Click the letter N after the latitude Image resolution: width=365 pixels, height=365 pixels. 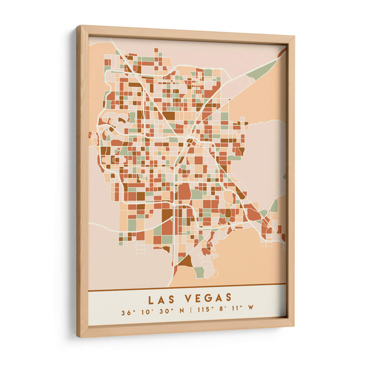click(x=182, y=313)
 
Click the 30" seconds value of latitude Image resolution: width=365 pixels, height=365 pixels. click(x=164, y=313)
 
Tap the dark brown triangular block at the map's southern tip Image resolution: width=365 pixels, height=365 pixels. click(x=185, y=261)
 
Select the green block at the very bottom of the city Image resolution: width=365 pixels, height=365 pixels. click(x=199, y=272)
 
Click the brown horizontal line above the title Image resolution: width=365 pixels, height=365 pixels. click(x=187, y=287)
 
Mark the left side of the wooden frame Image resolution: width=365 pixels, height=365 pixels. click(x=82, y=182)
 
